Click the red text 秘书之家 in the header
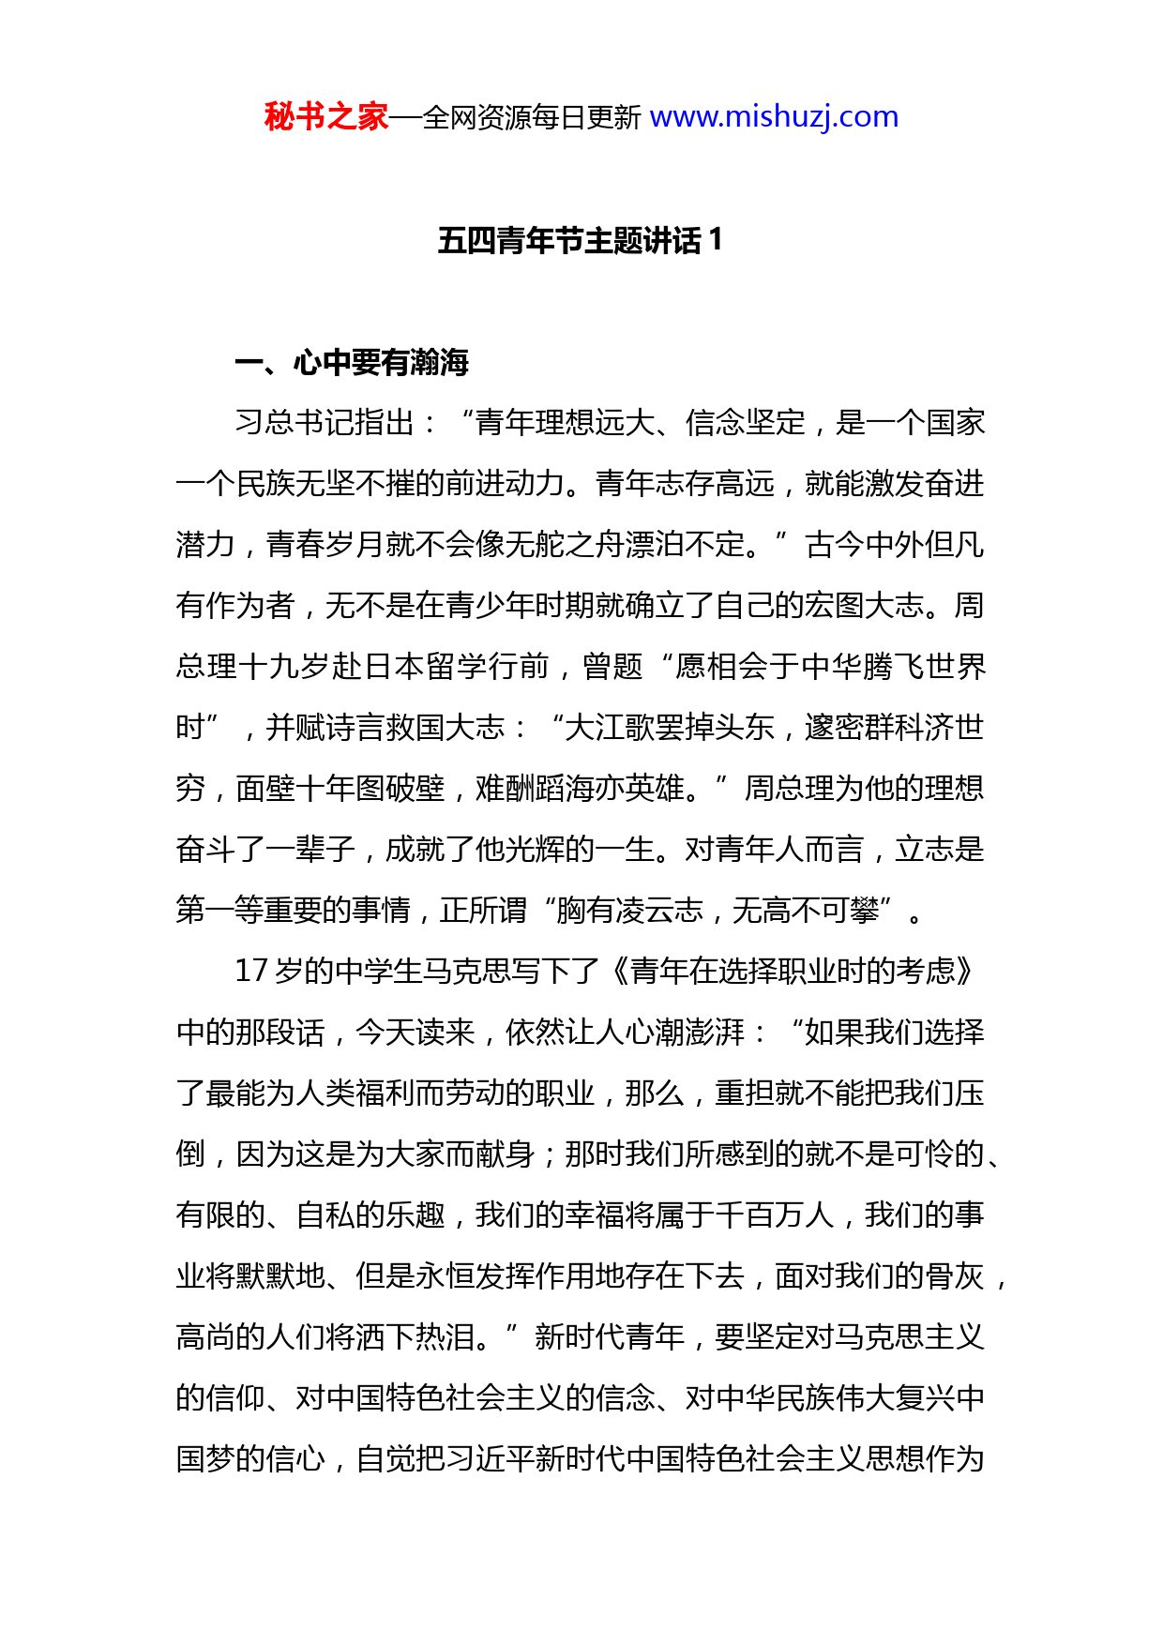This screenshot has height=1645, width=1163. [325, 117]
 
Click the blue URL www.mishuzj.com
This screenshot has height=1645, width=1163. [774, 117]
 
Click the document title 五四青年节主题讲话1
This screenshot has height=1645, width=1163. [580, 241]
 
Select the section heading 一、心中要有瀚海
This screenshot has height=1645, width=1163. [352, 363]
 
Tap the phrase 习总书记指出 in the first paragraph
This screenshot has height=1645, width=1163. [324, 423]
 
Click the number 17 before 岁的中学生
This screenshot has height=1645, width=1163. [251, 971]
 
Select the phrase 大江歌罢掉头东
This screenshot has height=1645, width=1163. [670, 728]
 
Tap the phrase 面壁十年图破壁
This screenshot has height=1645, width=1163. [340, 789]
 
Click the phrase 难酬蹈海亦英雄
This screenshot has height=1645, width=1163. [580, 789]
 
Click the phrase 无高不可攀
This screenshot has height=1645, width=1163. [805, 910]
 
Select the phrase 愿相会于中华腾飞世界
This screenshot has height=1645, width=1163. [830, 667]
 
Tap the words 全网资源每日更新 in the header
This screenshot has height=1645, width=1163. [532, 118]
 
